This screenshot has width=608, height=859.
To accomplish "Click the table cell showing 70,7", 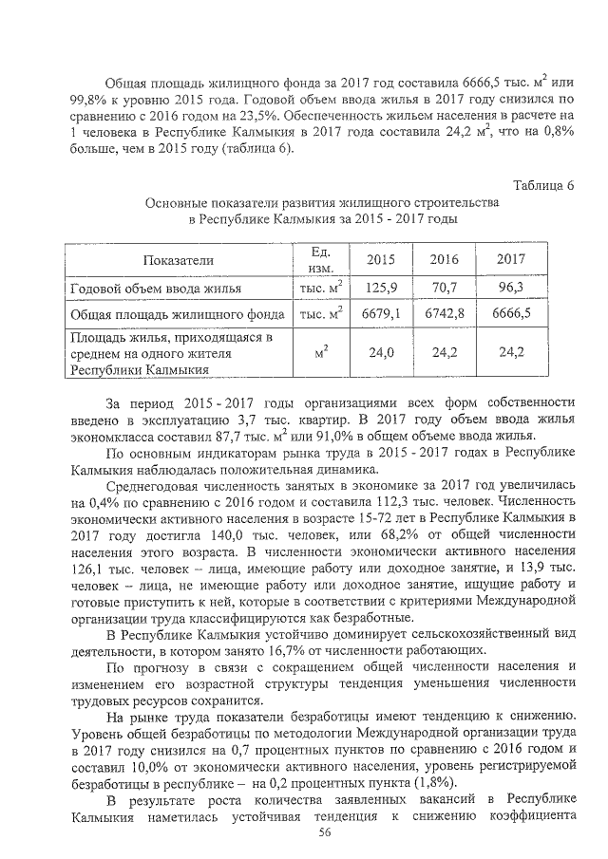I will (444, 286).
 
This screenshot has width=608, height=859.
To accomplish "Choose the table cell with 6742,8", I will (444, 312).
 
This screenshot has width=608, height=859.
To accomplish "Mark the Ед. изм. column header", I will (319, 258).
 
